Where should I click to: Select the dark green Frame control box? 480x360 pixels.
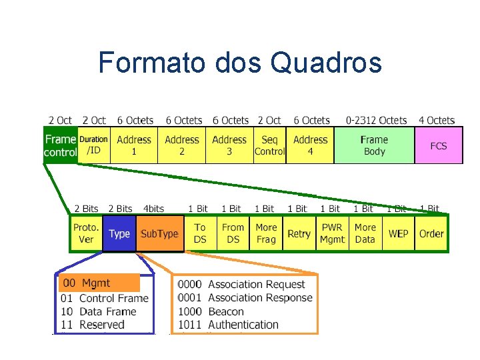pos(60,145)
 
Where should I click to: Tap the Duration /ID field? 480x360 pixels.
pos(94,145)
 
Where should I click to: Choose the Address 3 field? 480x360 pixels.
pos(229,145)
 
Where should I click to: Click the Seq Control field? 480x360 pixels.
pos(269,145)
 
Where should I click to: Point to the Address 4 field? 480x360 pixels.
pos(310,145)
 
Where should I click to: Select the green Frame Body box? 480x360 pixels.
pos(374,145)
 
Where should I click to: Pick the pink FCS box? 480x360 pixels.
pos(438,145)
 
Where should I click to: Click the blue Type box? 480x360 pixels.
pos(119,233)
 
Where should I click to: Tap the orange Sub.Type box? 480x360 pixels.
pos(159,233)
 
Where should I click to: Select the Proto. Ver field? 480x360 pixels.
pos(86,233)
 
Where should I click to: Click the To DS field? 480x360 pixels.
pos(200,233)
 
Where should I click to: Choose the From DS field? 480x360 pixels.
pos(233,233)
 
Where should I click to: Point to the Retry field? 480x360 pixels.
pos(299,233)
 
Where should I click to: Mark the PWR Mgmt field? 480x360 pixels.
pos(332,233)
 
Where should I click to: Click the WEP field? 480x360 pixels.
pos(398,233)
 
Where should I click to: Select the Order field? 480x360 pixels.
pos(431,233)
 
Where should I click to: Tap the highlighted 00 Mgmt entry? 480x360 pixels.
pos(99,283)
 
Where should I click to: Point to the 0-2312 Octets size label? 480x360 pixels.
pos(376,121)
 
